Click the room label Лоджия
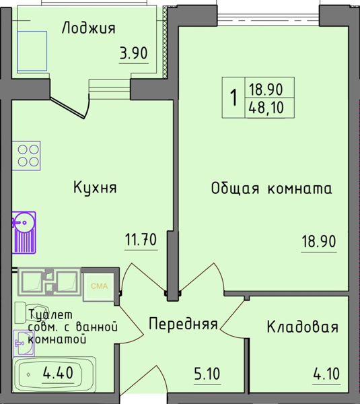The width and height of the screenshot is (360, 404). click(x=89, y=28)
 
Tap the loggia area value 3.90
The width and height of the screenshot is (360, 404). click(x=133, y=54)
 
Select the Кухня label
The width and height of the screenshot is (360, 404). click(x=95, y=188)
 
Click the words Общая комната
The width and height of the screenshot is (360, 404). click(x=271, y=189)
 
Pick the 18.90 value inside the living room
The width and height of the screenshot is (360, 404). click(x=318, y=240)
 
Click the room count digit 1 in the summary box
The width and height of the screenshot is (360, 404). click(x=233, y=98)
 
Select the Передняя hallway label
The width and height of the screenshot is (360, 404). click(x=182, y=324)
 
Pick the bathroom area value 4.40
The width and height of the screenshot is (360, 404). click(x=57, y=371)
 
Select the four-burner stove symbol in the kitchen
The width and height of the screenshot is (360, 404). click(x=28, y=154)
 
